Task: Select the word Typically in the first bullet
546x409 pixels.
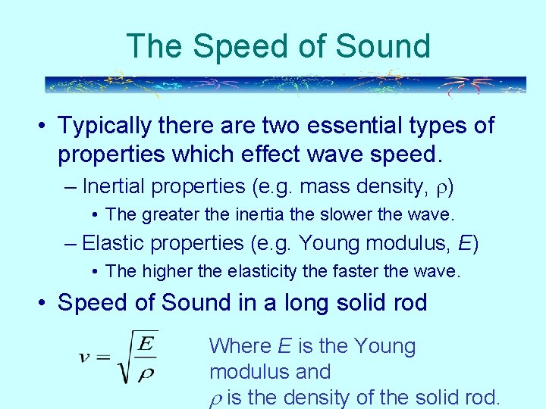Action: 107,125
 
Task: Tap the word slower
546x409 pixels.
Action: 333,214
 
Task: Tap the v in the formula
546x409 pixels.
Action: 85,356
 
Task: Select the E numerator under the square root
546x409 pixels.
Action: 147,344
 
